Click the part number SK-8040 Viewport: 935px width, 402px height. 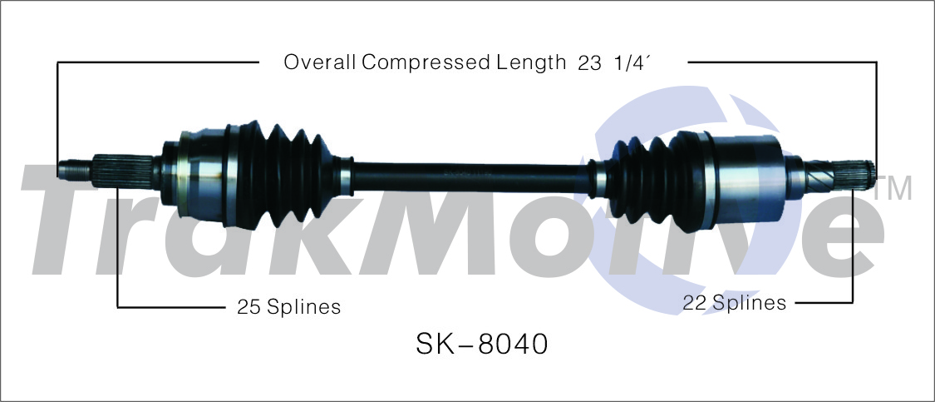[481, 345]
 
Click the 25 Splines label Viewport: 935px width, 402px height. [288, 306]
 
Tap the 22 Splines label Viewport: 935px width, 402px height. [734, 303]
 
